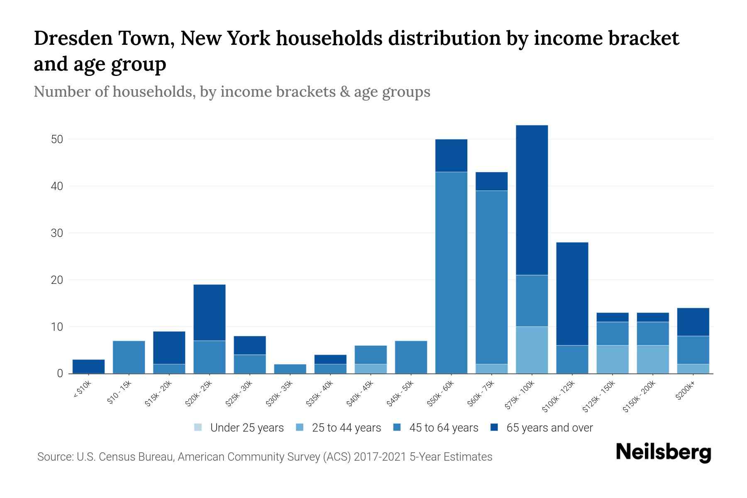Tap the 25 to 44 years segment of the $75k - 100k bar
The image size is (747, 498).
532,350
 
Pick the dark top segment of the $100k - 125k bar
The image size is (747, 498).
572,294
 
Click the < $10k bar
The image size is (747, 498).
88,366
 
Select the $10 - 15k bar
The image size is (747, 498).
129,357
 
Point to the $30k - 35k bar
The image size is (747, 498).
290,369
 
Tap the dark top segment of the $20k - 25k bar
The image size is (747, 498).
209,312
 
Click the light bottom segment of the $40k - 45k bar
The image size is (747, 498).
371,369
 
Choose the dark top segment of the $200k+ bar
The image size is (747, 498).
693,322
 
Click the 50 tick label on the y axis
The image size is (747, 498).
57,139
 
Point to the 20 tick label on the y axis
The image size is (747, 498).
57,280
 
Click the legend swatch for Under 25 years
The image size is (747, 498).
198,427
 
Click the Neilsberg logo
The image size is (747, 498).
663,453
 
